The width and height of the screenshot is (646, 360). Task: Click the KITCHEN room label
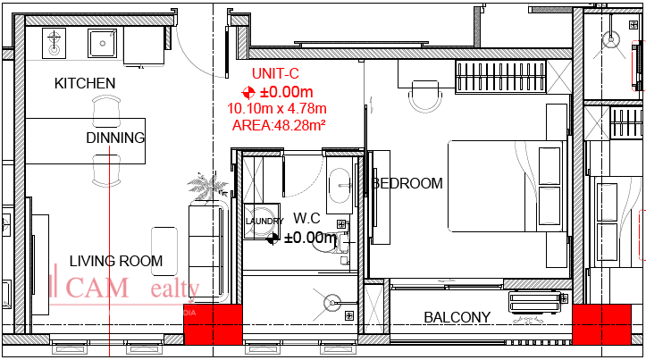85,83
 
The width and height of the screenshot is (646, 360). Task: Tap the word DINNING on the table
115,138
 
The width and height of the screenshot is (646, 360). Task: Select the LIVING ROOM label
116,262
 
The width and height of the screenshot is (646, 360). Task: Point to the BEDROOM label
407,183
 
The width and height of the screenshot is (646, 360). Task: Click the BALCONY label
457,317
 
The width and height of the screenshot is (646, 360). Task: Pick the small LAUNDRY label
264,221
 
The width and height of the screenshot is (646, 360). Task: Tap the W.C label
306,217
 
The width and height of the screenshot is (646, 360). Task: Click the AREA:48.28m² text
277,125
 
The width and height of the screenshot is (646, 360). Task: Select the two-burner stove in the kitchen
55,41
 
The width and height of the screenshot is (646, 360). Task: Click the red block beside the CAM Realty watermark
214,324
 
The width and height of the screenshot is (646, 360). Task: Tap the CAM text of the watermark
98,288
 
